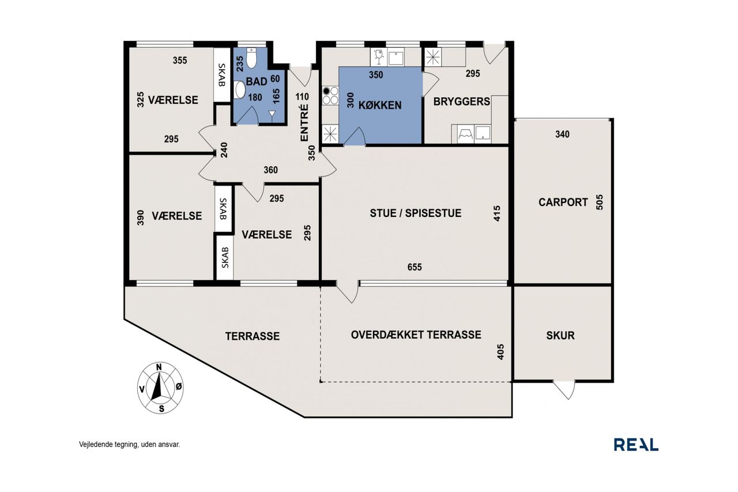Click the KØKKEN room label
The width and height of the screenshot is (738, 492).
pyautogui.click(x=380, y=106)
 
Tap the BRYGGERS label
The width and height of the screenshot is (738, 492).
pyautogui.click(x=462, y=102)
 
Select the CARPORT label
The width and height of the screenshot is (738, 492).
pyautogui.click(x=563, y=202)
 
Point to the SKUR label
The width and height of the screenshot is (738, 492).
pyautogui.click(x=560, y=336)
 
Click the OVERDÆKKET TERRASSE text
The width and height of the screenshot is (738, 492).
pyautogui.click(x=416, y=335)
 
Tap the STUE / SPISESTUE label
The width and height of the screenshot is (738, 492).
pyautogui.click(x=416, y=213)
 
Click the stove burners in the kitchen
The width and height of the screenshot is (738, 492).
pyautogui.click(x=330, y=95)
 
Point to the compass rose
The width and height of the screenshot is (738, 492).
pyautogui.click(x=160, y=388)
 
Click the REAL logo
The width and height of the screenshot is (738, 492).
pyautogui.click(x=636, y=445)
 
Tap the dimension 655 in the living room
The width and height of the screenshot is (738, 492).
pyautogui.click(x=415, y=267)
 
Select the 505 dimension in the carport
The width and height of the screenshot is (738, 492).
pyautogui.click(x=600, y=202)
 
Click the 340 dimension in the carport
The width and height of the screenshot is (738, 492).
pyautogui.click(x=562, y=134)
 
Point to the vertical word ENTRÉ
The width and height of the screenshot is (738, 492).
pyautogui.click(x=305, y=123)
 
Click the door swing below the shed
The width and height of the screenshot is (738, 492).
pyautogui.click(x=564, y=390)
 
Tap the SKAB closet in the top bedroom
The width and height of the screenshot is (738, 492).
pyautogui.click(x=222, y=75)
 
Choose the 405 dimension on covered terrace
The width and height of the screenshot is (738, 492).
pyautogui.click(x=500, y=352)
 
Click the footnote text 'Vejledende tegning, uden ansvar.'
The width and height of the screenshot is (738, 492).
pyautogui.click(x=130, y=444)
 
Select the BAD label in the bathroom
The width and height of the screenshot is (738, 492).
pyautogui.click(x=257, y=82)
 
